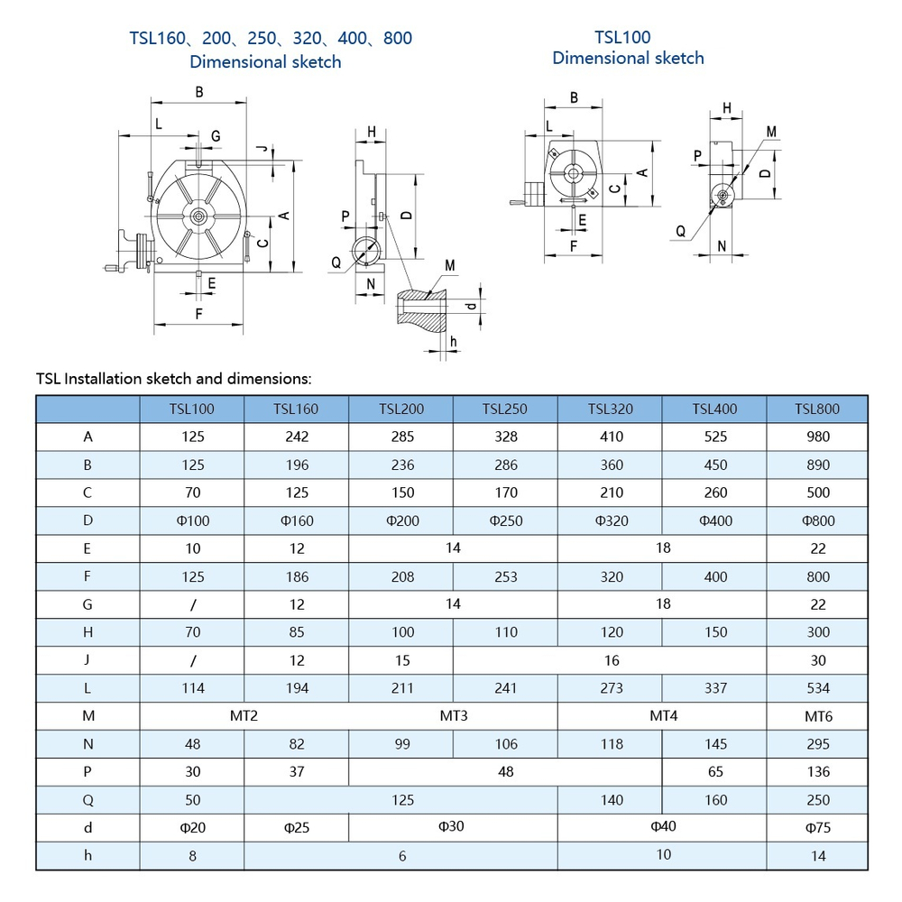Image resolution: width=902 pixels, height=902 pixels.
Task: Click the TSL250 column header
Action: (x=505, y=409)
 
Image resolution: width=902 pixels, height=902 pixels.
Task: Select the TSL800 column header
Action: (x=817, y=409)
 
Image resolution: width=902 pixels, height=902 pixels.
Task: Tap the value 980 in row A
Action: (x=817, y=437)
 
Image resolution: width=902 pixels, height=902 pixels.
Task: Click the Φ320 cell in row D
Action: (x=611, y=520)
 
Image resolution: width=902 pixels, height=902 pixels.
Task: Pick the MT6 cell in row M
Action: (x=817, y=716)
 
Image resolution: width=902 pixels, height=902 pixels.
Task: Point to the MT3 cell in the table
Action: (x=453, y=716)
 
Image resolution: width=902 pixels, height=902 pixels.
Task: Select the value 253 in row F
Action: (x=505, y=576)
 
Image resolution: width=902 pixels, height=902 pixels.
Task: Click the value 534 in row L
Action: (x=817, y=688)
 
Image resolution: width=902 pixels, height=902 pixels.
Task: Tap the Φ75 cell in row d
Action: (x=817, y=828)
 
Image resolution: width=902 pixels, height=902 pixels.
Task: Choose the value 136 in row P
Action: (x=817, y=772)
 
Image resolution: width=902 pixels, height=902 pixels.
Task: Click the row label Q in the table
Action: (x=87, y=800)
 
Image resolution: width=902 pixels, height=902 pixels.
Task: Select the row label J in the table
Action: (x=87, y=659)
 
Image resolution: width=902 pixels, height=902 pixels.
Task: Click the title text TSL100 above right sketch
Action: (x=622, y=38)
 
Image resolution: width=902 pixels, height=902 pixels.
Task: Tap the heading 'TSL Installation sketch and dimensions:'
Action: (x=173, y=379)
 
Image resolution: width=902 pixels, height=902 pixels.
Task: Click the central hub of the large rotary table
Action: (x=198, y=216)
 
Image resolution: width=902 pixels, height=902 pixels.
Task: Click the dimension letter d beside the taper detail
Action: (x=470, y=306)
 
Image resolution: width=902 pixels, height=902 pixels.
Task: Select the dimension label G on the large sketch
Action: (x=216, y=135)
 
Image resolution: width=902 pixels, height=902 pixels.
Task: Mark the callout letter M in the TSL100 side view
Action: (x=771, y=132)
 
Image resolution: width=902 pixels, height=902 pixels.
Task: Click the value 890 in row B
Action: (x=817, y=465)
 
